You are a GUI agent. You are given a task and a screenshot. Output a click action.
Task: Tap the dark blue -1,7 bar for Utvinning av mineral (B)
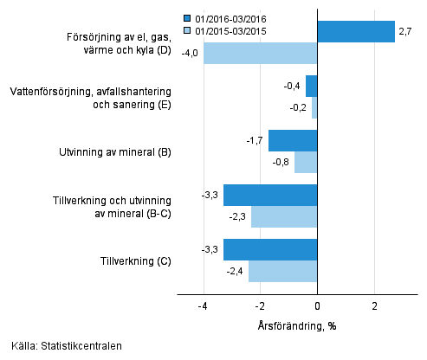point(293,140)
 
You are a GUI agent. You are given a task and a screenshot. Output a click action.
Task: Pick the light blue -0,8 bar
point(306,162)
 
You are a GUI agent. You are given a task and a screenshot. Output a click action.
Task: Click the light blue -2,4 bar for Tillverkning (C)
point(282,271)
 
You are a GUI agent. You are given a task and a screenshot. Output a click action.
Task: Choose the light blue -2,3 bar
point(284,216)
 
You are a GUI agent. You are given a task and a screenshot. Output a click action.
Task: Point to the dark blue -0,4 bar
point(312,86)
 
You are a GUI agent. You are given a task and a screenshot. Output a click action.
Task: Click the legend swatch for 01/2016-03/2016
point(186,18)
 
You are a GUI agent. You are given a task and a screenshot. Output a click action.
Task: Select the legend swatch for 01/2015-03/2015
point(186,30)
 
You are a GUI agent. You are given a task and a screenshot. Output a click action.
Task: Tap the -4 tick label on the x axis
point(202,306)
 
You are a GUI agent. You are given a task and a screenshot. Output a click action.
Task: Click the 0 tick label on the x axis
point(318,306)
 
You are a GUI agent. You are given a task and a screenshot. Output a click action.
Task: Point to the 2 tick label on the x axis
point(375,306)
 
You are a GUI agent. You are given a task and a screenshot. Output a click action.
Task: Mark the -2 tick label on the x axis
point(259,306)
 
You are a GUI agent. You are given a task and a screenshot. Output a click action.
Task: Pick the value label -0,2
point(299,107)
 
